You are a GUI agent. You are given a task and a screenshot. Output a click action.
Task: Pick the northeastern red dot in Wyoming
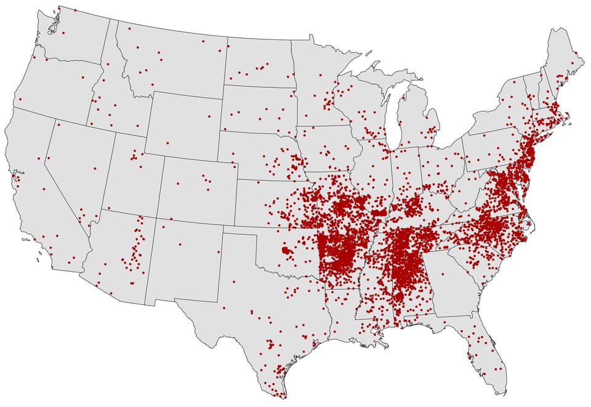tap(209, 116)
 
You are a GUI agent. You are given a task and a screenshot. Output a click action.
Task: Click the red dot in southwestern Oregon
tap(20, 99)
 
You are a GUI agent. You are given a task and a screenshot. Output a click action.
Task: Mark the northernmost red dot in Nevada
tap(58, 125)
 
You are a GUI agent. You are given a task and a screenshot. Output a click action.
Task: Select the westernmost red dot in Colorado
tap(178, 183)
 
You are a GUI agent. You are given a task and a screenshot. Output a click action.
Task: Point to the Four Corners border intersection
tap(156, 218)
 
